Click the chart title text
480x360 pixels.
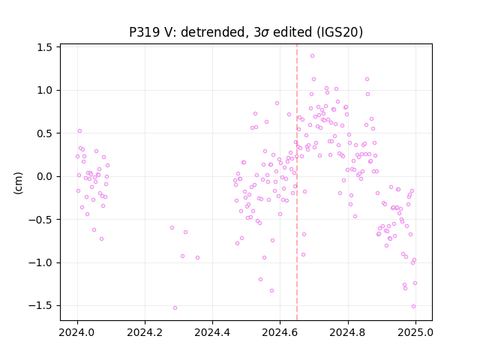(x=246, y=32)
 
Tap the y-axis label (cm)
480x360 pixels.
(x=18, y=183)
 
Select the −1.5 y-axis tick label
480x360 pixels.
(x=40, y=306)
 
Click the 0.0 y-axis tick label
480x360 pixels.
(x=44, y=177)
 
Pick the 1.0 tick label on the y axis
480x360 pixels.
(x=44, y=91)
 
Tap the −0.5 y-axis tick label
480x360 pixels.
(x=40, y=220)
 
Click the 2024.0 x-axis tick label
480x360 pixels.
(x=77, y=332)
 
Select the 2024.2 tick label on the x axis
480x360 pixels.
(x=145, y=332)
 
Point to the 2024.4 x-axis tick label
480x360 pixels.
(x=212, y=332)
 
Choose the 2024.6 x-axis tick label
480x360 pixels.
(x=280, y=332)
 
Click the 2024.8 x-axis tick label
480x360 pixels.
(x=348, y=332)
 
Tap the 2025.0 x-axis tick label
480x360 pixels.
(x=415, y=332)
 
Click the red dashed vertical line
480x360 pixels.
(x=297, y=182)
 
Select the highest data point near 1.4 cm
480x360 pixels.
(x=312, y=56)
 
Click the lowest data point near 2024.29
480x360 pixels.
(x=175, y=308)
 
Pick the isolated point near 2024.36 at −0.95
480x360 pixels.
(x=198, y=258)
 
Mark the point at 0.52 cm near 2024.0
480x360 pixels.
(x=80, y=131)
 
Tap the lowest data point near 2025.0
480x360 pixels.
(x=413, y=307)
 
